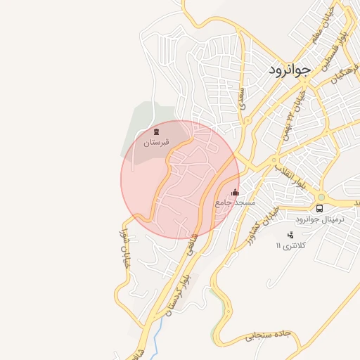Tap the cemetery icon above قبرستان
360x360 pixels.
[x=156, y=131]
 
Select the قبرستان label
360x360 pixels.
[x=157, y=143]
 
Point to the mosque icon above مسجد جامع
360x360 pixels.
[x=235, y=192]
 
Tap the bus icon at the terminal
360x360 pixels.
[x=320, y=209]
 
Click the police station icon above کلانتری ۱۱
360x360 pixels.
[x=290, y=236]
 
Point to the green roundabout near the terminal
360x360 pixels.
[x=321, y=197]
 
